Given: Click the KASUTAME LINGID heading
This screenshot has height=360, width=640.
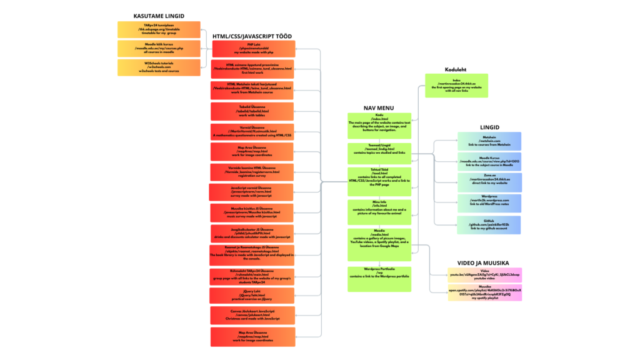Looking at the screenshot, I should tap(159, 16).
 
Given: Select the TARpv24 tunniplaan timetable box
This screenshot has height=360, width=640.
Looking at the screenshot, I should tap(159, 30).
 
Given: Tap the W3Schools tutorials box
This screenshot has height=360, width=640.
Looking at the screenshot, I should tap(159, 67).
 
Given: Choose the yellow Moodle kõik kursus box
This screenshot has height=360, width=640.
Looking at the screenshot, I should tap(159, 49).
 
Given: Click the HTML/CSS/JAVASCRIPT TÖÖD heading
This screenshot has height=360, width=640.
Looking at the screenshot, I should tap(252, 36).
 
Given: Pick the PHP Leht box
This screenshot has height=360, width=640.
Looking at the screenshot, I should tap(253, 49).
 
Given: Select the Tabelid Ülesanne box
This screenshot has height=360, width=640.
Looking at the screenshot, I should tap(253, 111).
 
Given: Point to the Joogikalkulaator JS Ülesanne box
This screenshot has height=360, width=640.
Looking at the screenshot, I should tap(253, 233).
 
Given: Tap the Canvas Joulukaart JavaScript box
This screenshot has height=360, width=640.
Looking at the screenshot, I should tap(253, 315).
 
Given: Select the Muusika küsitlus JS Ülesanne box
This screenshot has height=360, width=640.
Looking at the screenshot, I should tap(253, 212).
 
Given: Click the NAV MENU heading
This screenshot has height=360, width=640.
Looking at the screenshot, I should tap(379, 107).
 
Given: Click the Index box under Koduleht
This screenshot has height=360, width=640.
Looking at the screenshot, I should tap(456, 85).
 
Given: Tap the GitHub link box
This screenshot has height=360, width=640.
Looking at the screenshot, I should tap(489, 225).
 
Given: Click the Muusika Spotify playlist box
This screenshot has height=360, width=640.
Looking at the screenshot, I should tap(484, 293).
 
